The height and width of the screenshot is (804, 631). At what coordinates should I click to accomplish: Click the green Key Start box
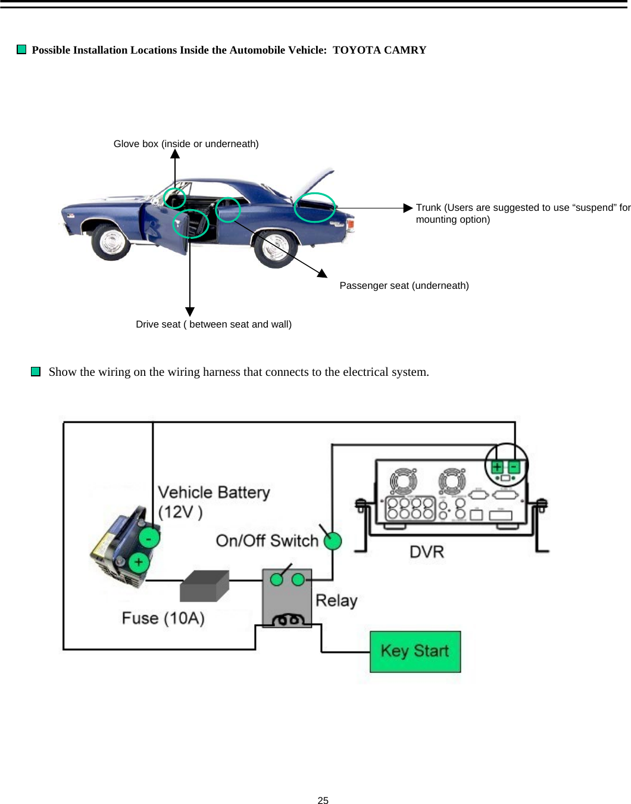pos(415,652)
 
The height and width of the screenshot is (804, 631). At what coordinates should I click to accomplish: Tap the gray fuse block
pos(204,587)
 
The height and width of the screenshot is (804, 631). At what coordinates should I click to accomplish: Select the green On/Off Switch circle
pos(333,541)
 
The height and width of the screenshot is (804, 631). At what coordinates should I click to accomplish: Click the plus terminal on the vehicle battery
pos(139,562)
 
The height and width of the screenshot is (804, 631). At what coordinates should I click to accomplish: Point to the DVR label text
pos(427,552)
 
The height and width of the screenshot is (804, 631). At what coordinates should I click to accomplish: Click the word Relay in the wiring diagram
pos(336,600)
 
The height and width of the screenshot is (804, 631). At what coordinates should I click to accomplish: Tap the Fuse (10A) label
pos(163,618)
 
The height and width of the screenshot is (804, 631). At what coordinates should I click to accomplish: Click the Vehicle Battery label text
pos(213,493)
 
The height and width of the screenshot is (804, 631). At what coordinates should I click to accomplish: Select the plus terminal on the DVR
pos(497,467)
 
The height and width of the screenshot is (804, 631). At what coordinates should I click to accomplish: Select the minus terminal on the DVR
pos(514,467)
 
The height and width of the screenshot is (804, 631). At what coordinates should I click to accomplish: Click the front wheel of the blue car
pos(111,241)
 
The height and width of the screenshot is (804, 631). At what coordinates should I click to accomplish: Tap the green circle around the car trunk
pos(315,208)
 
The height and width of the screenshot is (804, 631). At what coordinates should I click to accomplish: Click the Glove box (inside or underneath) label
pos(186,144)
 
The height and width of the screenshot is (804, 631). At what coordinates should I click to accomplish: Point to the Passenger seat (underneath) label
pos(404,285)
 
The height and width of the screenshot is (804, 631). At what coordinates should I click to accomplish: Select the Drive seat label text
pos(213,324)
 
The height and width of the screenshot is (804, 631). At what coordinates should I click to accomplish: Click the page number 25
pos(323,800)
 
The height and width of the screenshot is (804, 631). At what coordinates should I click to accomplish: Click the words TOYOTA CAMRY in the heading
pos(379,50)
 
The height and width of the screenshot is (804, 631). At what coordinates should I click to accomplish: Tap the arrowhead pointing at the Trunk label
pos(408,208)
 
